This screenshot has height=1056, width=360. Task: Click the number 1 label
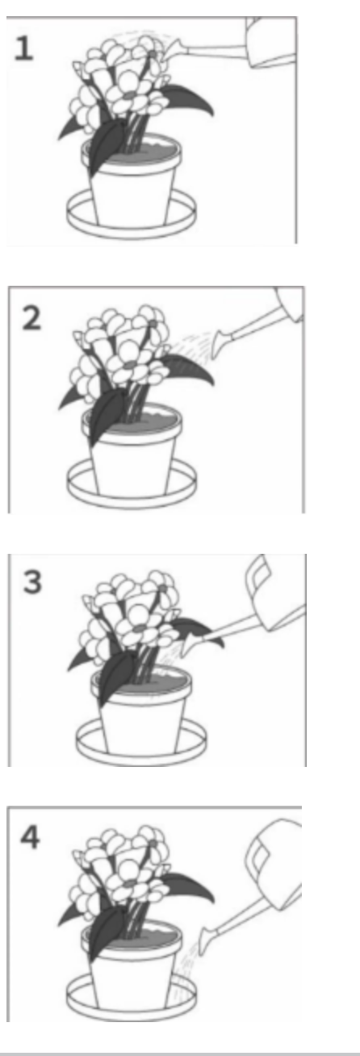[x=24, y=48]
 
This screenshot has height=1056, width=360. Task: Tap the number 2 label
[x=31, y=318]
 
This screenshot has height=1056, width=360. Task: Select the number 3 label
[x=32, y=583]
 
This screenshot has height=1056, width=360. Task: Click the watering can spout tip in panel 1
[x=165, y=52]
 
